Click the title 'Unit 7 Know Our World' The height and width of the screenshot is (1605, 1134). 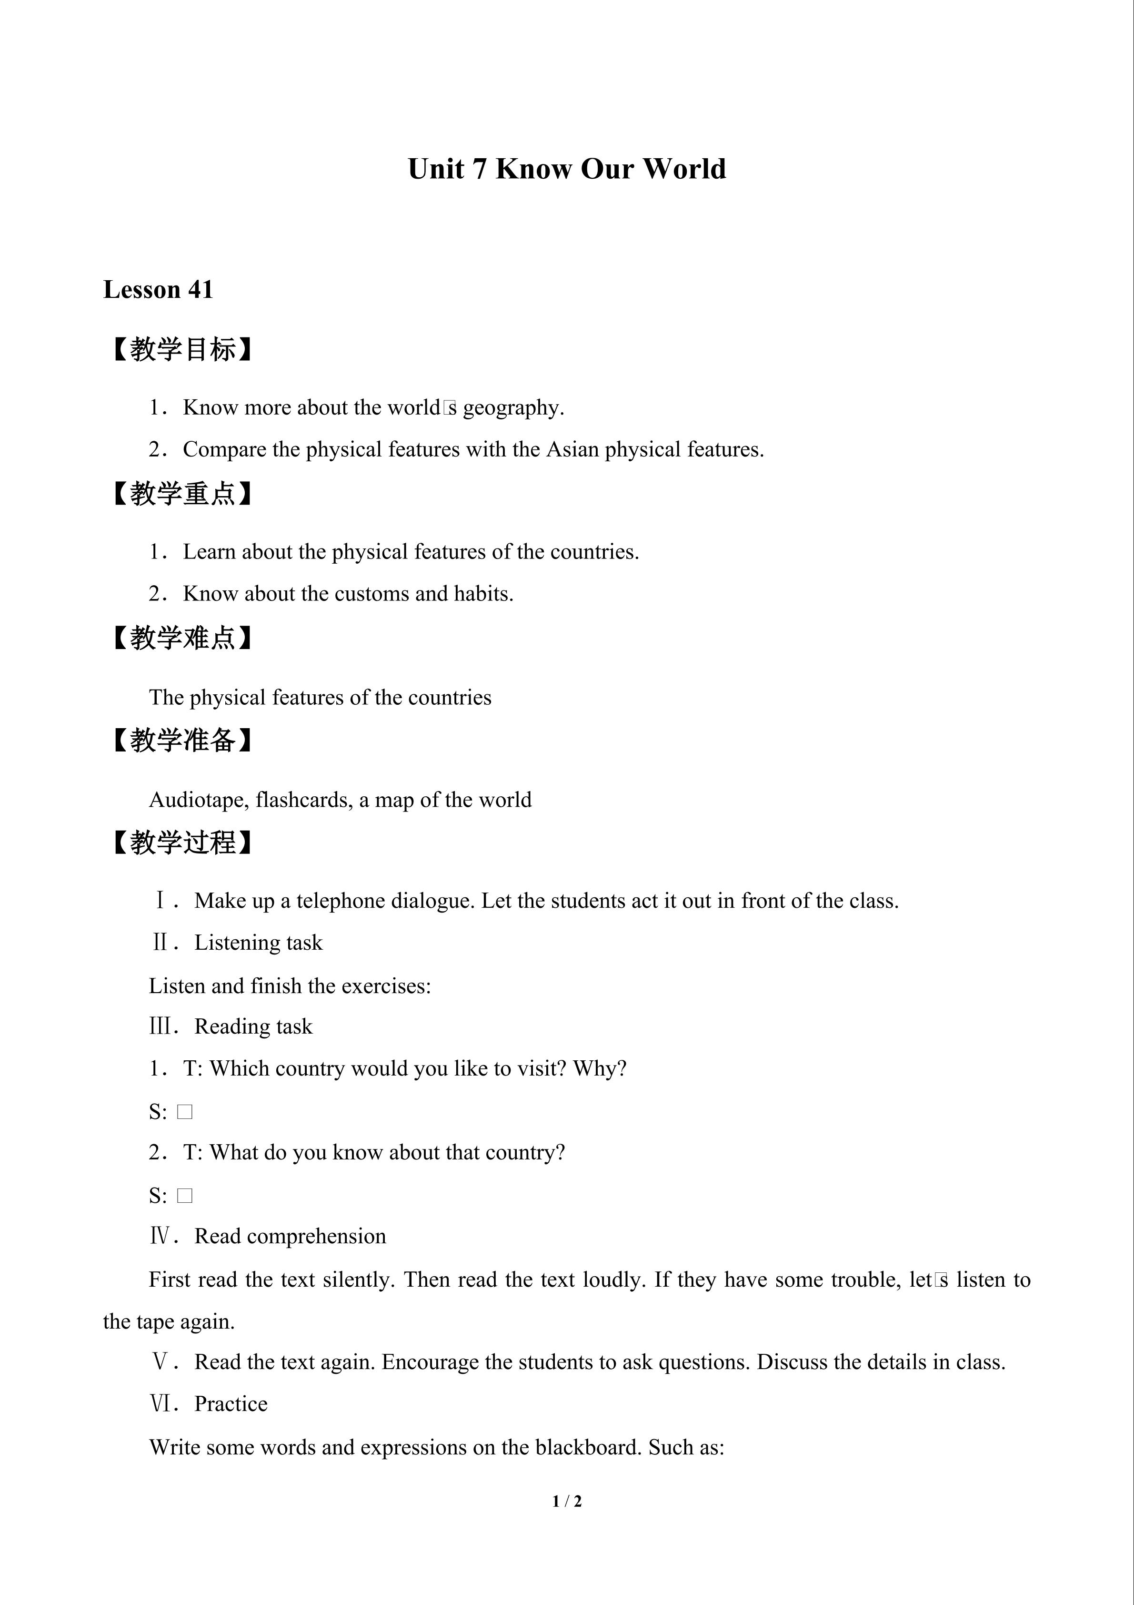567,169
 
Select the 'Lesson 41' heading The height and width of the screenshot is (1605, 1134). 158,289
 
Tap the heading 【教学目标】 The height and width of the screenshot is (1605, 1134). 182,349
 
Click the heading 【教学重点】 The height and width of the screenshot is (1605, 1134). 182,494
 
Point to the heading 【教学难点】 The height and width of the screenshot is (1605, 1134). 182,638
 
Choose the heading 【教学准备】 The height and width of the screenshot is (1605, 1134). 182,740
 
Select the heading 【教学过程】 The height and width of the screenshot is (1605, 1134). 182,843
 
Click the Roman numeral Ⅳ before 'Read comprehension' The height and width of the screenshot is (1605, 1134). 160,1237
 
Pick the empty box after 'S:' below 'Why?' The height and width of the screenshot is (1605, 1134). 184,1111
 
